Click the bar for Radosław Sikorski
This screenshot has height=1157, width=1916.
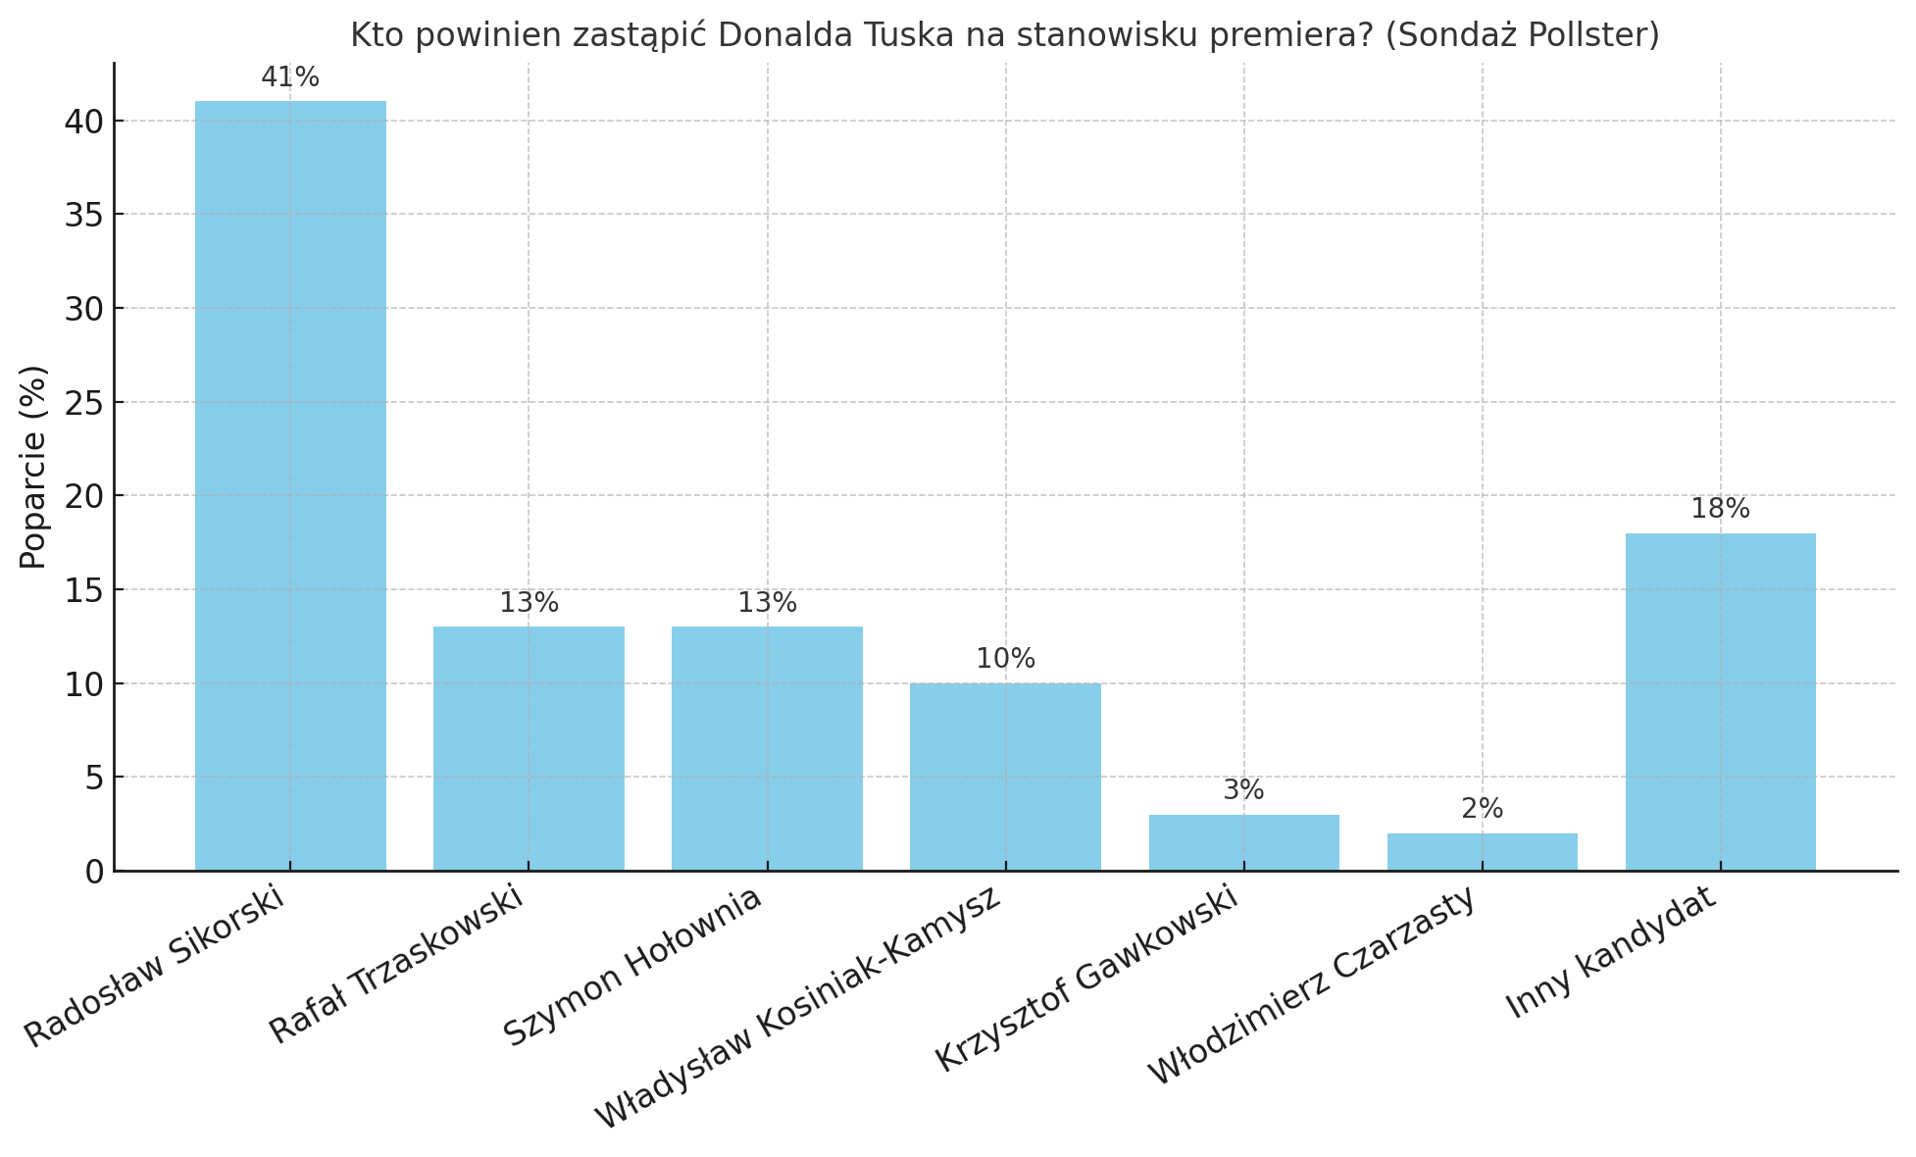tap(290, 485)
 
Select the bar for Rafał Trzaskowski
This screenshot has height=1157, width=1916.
tap(529, 748)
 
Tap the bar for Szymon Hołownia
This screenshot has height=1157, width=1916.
tap(767, 748)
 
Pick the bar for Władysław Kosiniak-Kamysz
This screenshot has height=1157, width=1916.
tap(1005, 777)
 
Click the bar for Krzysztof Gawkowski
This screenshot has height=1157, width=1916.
tap(1243, 842)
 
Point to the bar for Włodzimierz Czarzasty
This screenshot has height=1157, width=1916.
tap(1482, 852)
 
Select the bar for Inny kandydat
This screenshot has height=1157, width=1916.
tap(1720, 702)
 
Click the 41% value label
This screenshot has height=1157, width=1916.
tap(290, 77)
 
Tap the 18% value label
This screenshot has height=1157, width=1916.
tap(1720, 509)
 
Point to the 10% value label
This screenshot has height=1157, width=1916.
tap(1005, 659)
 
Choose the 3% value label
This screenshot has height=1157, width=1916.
tap(1243, 790)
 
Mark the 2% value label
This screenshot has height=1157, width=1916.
tap(1482, 809)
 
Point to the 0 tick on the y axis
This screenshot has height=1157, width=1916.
tap(94, 872)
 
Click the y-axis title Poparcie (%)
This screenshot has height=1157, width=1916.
tap(33, 467)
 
